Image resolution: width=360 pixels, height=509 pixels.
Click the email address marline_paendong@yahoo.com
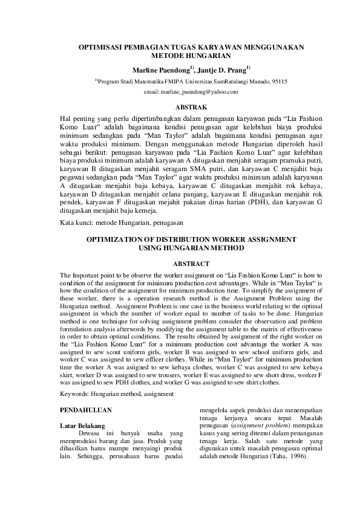pos(191,91)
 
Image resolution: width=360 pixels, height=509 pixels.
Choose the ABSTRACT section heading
pos(191,264)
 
